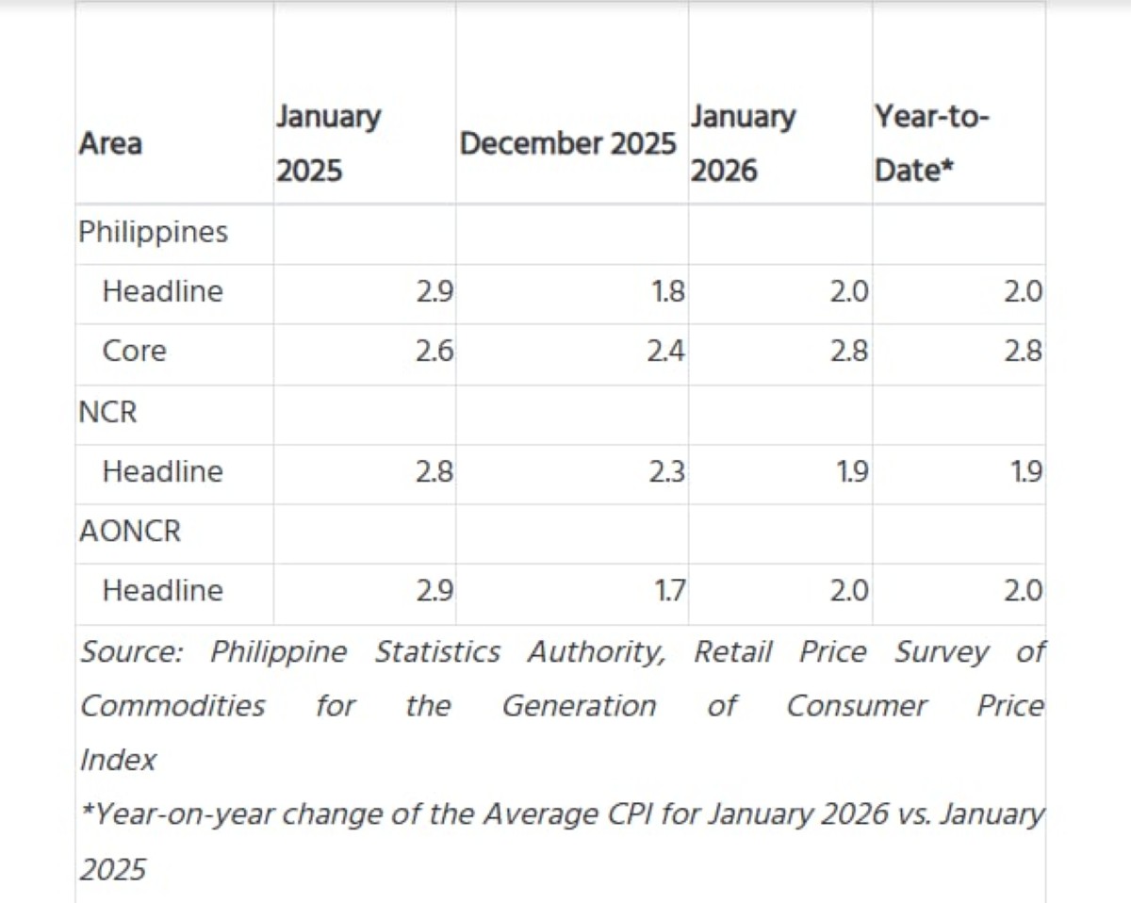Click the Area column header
tap(110, 143)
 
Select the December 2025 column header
tap(567, 143)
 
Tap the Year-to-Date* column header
tap(931, 143)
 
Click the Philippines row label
tap(153, 233)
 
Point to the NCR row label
tap(107, 412)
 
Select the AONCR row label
tap(130, 531)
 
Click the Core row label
tap(135, 351)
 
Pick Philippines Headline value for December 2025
tap(668, 291)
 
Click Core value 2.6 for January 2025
tap(434, 351)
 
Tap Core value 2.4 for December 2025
tap(666, 351)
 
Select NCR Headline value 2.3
tap(667, 471)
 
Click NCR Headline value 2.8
tap(434, 471)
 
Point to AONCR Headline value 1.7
tap(669, 591)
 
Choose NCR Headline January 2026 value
tap(852, 471)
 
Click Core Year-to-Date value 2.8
tap(1024, 351)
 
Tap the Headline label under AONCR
tap(163, 591)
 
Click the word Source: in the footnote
tap(131, 652)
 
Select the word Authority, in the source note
tap(597, 653)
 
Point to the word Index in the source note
tap(118, 760)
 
